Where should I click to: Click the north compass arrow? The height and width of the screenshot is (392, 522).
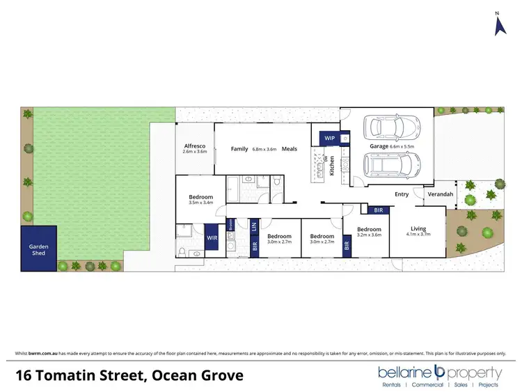point(499,26)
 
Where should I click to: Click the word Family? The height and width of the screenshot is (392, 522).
point(239,148)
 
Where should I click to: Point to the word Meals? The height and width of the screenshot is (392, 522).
point(290,148)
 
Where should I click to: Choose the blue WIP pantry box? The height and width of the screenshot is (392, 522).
point(329,139)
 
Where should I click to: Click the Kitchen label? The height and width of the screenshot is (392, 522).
point(332,167)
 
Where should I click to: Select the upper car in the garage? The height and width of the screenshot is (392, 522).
point(393,127)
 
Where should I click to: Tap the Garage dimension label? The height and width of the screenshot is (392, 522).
point(392,147)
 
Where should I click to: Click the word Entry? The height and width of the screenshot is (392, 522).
point(402,194)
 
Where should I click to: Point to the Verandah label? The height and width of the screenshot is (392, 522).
point(440,194)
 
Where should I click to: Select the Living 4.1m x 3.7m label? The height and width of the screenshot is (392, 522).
point(418,231)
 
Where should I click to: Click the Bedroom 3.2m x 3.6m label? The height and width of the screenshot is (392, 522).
point(369,232)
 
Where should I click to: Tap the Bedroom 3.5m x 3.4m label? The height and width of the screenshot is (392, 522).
point(200,199)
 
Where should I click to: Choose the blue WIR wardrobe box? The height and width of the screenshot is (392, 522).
point(212,237)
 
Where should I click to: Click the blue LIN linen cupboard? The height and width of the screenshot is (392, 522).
point(254,226)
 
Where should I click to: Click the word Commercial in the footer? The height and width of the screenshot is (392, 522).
point(427,384)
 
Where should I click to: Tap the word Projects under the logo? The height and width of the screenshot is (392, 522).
point(487,384)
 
